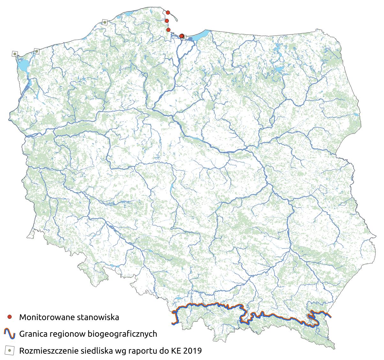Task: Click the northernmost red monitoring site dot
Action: (x=168, y=12)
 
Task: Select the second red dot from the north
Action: (x=167, y=21)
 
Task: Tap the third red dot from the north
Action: (x=168, y=30)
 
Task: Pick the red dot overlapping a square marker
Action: (x=182, y=36)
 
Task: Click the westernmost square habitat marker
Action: (x=15, y=54)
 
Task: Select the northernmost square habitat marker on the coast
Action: (x=104, y=22)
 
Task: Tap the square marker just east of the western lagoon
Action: (x=37, y=51)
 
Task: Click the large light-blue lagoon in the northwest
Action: (x=22, y=65)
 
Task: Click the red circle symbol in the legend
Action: (x=10, y=317)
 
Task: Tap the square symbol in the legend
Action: (x=10, y=350)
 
